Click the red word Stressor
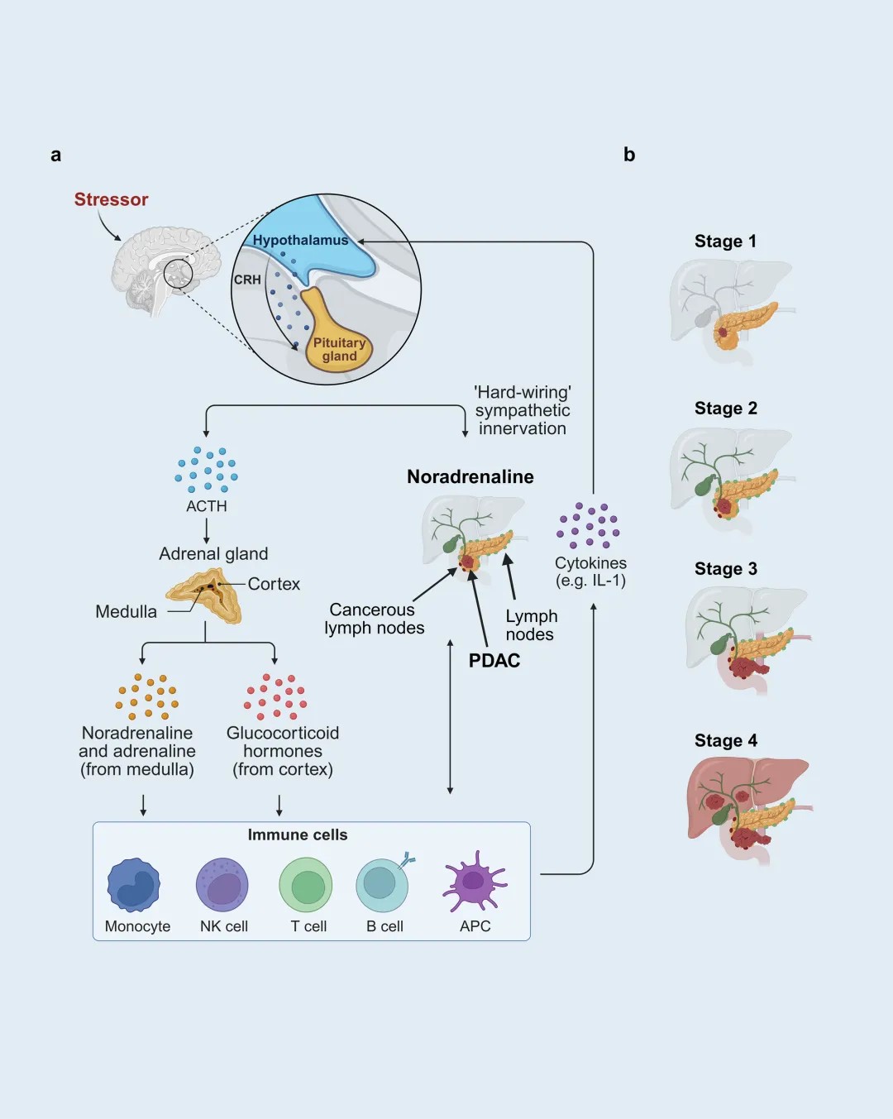click(x=111, y=199)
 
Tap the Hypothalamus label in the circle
click(x=300, y=240)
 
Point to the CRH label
click(x=247, y=280)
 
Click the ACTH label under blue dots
click(x=207, y=506)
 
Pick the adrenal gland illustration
click(x=206, y=594)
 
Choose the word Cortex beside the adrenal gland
click(x=274, y=584)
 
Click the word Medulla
click(x=126, y=611)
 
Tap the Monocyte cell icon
click(x=133, y=885)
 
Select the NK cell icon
click(x=222, y=885)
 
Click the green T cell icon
click(x=306, y=885)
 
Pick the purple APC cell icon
click(x=474, y=882)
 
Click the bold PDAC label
click(x=494, y=660)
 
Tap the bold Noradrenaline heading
click(x=470, y=476)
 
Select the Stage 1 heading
click(x=725, y=241)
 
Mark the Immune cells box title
click(x=298, y=834)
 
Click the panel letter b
click(x=629, y=155)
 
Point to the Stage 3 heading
click(x=725, y=568)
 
